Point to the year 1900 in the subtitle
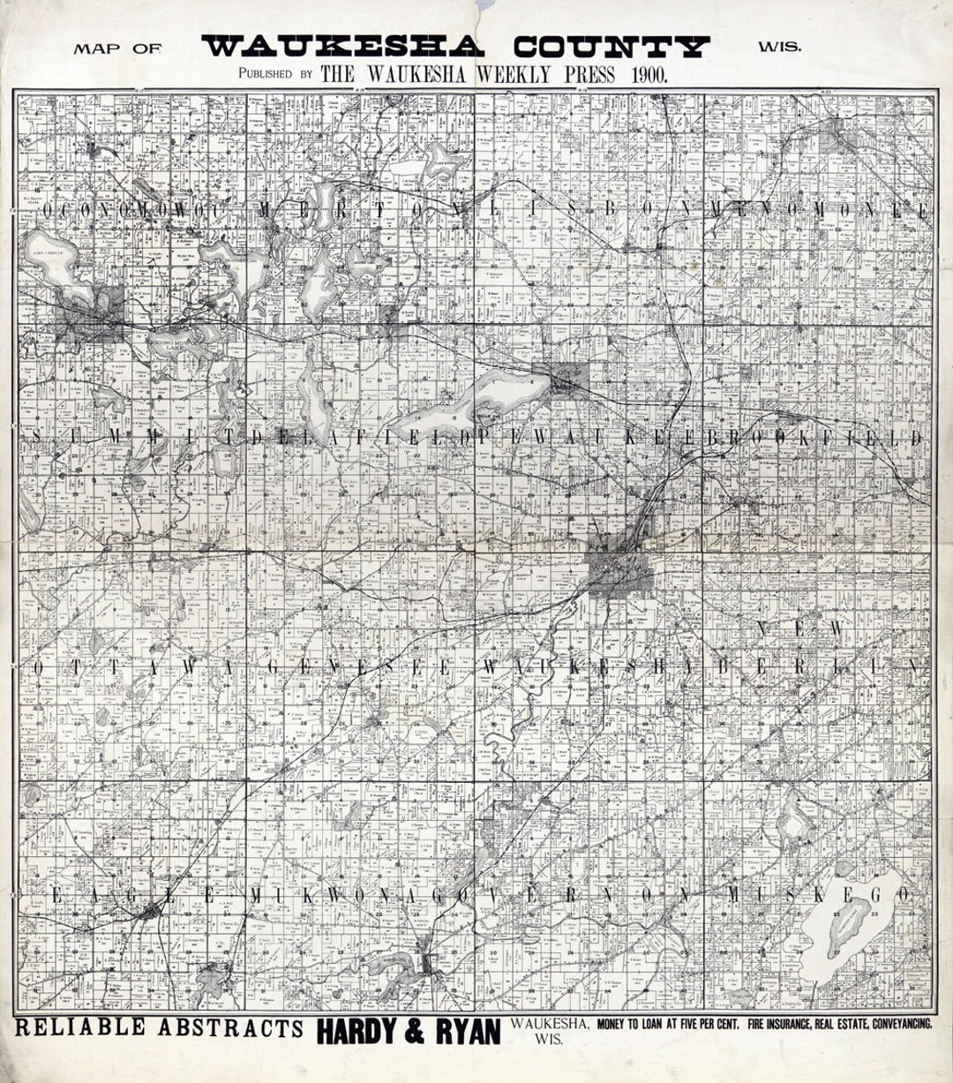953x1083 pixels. tap(649, 75)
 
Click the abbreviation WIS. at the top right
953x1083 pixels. tap(780, 47)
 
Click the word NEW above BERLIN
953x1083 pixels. tap(800, 627)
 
